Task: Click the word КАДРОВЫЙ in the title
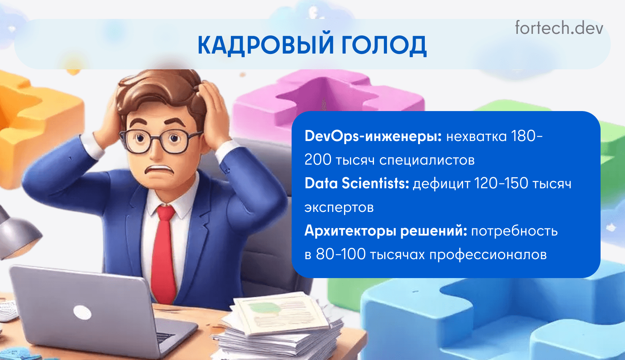tap(265, 45)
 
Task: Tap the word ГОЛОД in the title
tap(384, 46)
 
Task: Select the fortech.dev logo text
tap(559, 28)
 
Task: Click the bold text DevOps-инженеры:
tap(373, 136)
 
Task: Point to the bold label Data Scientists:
tap(357, 184)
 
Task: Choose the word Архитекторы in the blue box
tap(350, 231)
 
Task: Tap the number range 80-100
tap(341, 254)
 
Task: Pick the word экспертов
tap(339, 208)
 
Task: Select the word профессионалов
tap(488, 255)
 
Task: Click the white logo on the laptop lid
tap(82, 312)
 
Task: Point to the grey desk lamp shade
tap(17, 237)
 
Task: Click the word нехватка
tap(476, 136)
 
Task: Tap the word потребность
tap(515, 232)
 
